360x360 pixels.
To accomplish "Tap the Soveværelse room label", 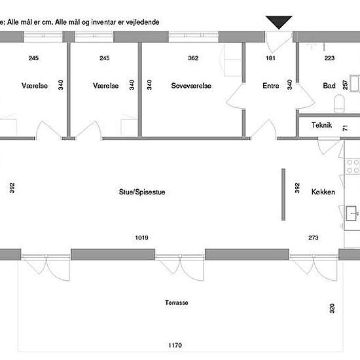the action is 191,86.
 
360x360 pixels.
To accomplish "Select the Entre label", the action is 271,86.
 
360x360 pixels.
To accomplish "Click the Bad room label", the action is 329,86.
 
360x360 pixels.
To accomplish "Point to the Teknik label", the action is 321,125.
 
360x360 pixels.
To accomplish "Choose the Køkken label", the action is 323,192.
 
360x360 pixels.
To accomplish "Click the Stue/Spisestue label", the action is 142,192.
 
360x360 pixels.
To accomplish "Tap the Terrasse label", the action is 176,302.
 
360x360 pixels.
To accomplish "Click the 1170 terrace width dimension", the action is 175,345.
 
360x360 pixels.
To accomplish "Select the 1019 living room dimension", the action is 141,238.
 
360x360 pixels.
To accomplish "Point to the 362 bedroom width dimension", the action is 193,58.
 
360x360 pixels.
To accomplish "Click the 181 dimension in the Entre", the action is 270,58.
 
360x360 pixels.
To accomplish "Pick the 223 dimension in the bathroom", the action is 329,58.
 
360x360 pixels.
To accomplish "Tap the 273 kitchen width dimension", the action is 314,238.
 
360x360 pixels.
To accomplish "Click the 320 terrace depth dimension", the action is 332,308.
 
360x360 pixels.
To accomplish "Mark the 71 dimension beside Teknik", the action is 345,128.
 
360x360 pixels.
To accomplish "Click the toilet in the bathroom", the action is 339,103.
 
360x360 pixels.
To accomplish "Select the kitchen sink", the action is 351,213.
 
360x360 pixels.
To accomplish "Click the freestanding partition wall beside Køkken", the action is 283,194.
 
